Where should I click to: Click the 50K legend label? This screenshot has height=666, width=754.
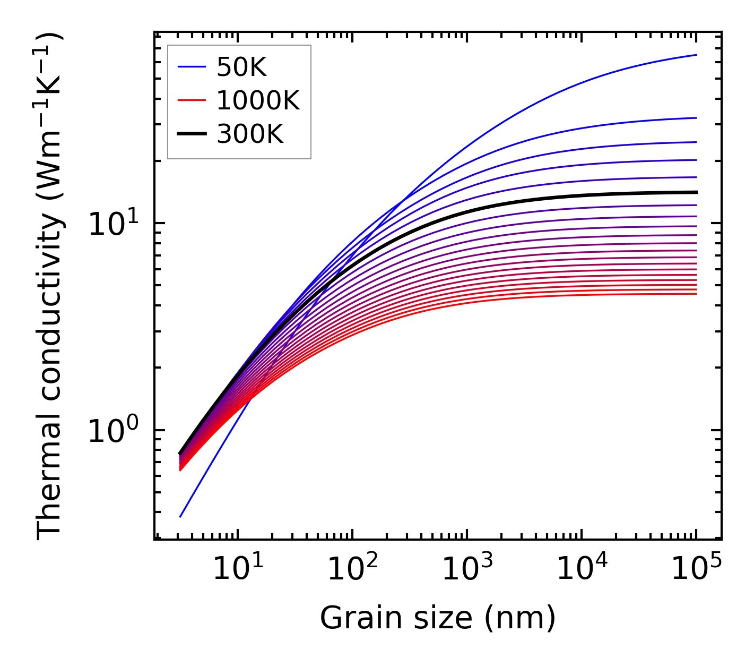241,67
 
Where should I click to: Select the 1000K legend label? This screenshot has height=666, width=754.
258,100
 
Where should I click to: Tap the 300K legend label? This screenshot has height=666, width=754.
250,134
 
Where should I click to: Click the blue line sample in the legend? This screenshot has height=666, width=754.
191,67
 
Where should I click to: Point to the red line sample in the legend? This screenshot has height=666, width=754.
191,100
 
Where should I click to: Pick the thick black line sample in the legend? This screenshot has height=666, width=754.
191,134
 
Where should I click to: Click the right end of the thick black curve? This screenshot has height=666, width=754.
696,192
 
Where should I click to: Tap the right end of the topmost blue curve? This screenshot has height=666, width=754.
696,55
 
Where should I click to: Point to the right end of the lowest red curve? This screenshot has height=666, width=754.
696,294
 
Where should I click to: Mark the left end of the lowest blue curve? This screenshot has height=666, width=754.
180,517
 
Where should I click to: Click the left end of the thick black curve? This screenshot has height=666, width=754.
180,454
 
